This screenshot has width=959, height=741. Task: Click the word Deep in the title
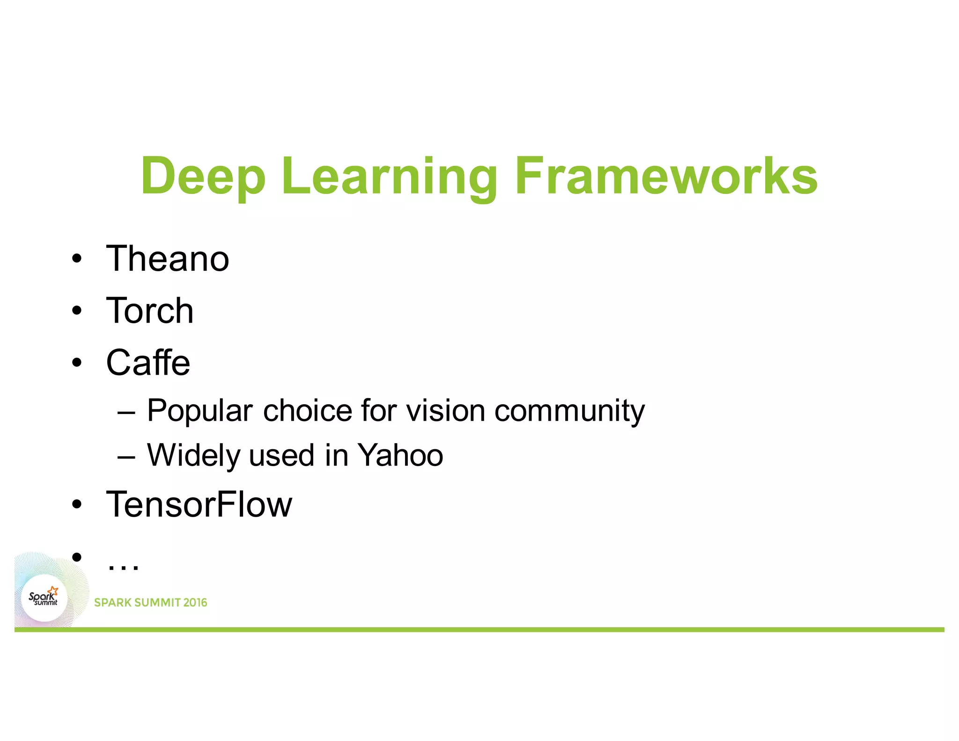(x=203, y=177)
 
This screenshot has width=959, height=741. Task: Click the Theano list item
(x=168, y=259)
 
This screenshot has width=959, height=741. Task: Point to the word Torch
(x=150, y=311)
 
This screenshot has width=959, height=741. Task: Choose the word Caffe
(x=148, y=363)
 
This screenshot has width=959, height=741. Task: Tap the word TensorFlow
(x=199, y=504)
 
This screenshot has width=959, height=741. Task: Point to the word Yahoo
(x=400, y=455)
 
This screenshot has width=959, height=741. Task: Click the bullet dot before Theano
(x=77, y=259)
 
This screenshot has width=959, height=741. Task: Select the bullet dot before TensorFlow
(x=77, y=504)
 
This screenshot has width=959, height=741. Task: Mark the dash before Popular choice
(x=126, y=412)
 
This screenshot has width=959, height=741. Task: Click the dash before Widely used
(x=126, y=456)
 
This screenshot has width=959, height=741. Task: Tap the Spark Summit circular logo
(x=44, y=598)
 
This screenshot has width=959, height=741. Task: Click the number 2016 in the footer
(x=195, y=602)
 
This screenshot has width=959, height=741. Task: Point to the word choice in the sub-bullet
(x=307, y=410)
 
